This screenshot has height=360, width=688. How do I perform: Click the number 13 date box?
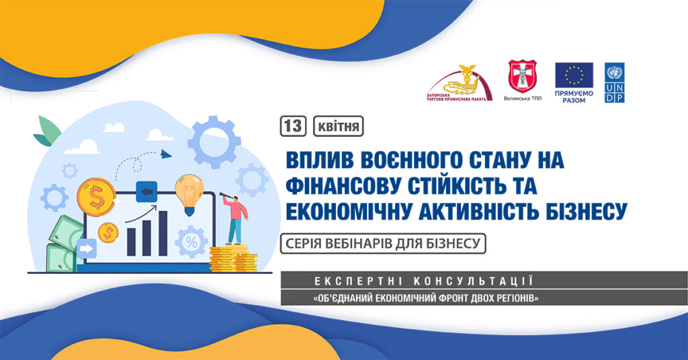293,126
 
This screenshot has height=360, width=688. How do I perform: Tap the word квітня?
339,127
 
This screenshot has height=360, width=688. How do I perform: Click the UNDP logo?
614,83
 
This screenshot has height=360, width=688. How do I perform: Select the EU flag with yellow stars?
574,75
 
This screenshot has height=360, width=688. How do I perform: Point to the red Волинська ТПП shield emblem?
522,77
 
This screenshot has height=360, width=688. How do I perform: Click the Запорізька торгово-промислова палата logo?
459,83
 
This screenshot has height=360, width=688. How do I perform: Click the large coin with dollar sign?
96,196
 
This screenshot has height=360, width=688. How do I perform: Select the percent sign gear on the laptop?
191,242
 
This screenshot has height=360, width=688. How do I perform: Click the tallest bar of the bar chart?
163,233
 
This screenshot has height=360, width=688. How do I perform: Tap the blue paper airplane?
165,154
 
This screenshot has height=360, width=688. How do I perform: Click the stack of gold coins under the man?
233,259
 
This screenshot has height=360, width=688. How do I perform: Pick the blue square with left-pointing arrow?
146,191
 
